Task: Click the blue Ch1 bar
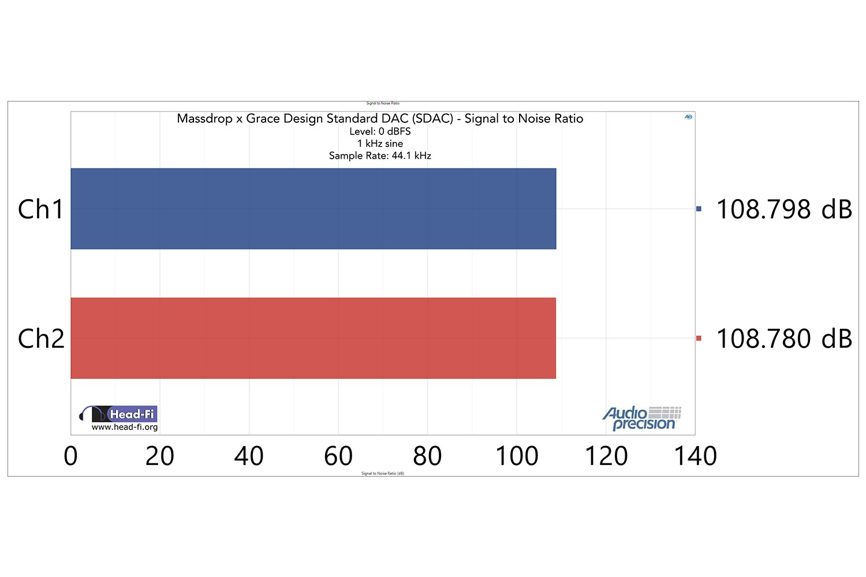coord(313,209)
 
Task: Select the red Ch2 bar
coord(313,338)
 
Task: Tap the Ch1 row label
coord(40,209)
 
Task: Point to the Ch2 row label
coord(41,339)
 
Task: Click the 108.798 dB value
coord(784,209)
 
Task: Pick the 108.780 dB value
coord(784,339)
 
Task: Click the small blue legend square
coord(699,209)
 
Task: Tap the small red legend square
coord(699,338)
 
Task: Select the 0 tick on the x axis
coord(70,456)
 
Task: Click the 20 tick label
coord(159,456)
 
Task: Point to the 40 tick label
coord(249,456)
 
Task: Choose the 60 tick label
coord(338,456)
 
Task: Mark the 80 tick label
coord(427,456)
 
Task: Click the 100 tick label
coord(517,456)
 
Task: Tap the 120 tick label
coord(606,456)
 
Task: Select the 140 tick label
coord(696,456)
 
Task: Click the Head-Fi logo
coord(118,414)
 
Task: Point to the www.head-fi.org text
coord(125,428)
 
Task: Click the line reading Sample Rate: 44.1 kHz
coord(380,156)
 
